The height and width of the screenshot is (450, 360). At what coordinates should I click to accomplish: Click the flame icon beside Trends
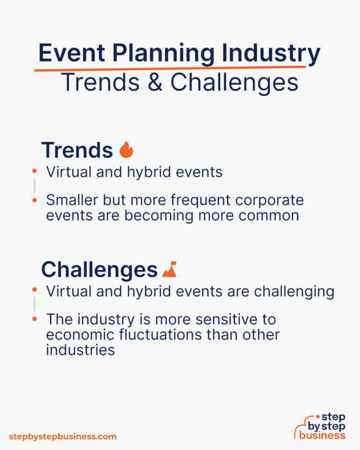click(126, 150)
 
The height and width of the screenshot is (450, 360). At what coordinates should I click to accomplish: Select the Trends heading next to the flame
click(77, 150)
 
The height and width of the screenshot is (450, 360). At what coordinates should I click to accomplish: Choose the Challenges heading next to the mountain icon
click(99, 270)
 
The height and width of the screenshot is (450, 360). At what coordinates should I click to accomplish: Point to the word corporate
click(272, 200)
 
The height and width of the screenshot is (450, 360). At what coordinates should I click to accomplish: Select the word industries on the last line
click(80, 350)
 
